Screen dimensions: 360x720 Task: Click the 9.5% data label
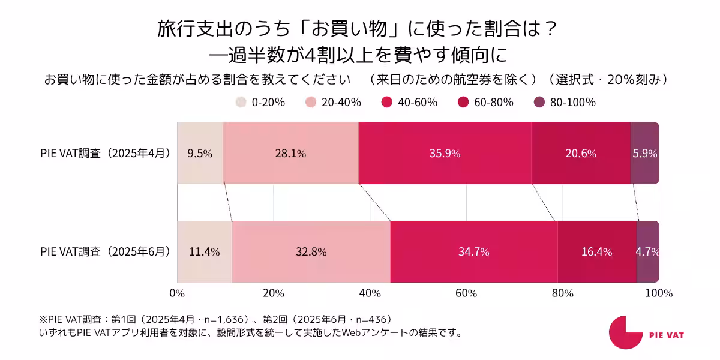pos(200,154)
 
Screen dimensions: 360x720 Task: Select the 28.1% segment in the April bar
pos(290,154)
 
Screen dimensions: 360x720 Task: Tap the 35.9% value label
pos(445,154)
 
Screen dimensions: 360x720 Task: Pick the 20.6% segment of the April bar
pos(581,154)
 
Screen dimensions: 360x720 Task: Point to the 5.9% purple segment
pos(644,154)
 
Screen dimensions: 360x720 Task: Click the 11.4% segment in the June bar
pos(204,252)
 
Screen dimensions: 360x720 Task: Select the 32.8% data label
pos(311,252)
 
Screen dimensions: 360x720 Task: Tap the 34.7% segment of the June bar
pos(473,252)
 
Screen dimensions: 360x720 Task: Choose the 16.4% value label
pos(596,252)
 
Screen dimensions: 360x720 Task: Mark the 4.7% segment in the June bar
pos(647,252)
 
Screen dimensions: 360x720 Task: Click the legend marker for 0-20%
pos(241,103)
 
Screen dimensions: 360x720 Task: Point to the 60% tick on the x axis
pos(466,293)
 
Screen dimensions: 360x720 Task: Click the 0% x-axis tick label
pos(177,293)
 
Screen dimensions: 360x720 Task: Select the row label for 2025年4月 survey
pos(105,154)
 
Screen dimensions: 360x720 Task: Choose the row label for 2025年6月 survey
pos(105,252)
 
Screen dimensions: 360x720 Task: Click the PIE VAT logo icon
pos(625,332)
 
